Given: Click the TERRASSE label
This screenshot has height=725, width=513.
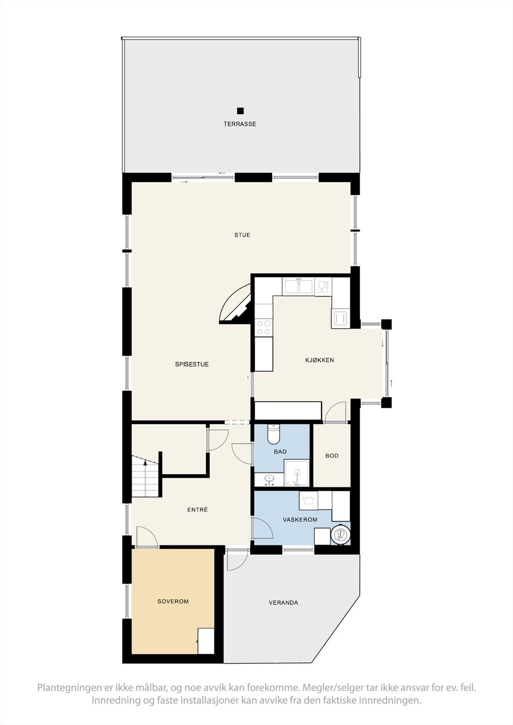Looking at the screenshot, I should coord(239,124).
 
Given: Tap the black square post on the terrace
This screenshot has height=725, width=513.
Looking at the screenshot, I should coord(240,111).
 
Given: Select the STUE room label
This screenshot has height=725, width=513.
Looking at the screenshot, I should coord(242,235).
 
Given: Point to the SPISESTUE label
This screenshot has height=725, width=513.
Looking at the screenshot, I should coord(192,364).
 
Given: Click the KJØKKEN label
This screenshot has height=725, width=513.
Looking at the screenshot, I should coord(319,360).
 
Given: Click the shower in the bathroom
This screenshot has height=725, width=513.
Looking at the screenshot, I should coord(297,473).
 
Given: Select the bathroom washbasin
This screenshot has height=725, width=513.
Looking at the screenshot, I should coord(269,479).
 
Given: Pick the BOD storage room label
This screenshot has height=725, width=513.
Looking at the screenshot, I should coord(332,456).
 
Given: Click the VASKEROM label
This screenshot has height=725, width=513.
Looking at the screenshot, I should coord(300,520).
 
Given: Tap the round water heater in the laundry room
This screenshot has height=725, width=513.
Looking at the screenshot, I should coord(340,535).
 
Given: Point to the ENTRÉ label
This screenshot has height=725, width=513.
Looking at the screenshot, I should coord(197,510).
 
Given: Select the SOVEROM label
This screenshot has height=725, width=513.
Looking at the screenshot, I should coord(173,601).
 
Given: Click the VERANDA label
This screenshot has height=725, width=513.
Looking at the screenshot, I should coord(283,603).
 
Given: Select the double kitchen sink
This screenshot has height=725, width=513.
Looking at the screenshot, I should coord(298,286).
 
